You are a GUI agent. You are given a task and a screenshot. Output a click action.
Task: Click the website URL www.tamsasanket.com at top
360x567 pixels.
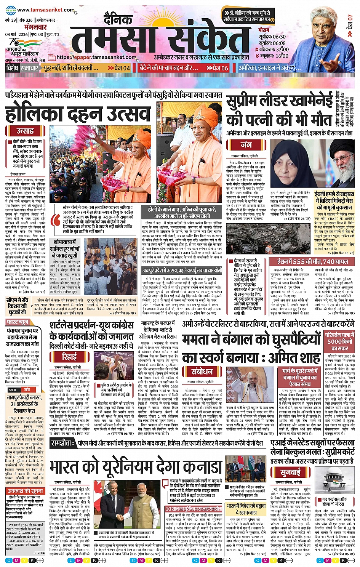click(45, 10)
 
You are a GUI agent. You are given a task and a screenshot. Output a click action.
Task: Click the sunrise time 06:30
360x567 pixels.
click(279, 37)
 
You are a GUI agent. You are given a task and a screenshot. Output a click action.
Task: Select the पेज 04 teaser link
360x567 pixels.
click(119, 68)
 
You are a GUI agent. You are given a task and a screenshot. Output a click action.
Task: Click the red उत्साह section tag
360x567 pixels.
click(25, 131)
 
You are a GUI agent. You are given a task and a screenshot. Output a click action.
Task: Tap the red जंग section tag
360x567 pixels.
click(246, 145)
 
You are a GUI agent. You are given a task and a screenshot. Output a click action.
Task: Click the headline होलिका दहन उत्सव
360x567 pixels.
click(78, 114)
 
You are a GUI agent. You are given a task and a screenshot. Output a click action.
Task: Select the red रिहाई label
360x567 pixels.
click(70, 357)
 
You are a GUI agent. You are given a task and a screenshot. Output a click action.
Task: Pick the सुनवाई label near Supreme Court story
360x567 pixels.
click(290, 473)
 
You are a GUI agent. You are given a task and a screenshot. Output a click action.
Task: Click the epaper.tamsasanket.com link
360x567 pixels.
click(96, 58)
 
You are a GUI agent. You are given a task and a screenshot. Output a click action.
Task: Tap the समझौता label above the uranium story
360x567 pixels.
click(63, 443)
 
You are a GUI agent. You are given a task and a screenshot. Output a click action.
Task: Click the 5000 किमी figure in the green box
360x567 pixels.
click(340, 341)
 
